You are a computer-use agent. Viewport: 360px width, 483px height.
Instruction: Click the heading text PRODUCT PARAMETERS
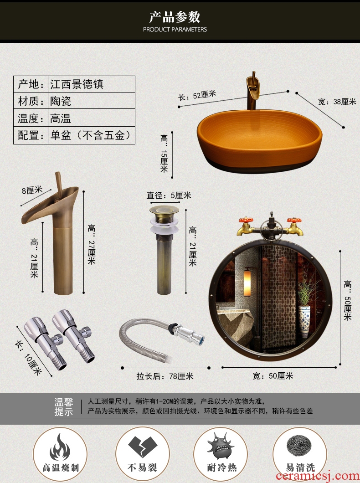[175, 30]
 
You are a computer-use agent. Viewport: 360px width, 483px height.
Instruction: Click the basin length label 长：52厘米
[197, 96]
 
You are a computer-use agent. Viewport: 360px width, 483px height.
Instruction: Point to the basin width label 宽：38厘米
[337, 102]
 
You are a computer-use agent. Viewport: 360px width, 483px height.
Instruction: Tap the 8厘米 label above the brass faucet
[32, 190]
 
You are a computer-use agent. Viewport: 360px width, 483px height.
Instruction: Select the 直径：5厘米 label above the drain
[169, 195]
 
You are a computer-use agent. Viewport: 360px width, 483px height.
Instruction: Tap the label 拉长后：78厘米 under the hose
[165, 376]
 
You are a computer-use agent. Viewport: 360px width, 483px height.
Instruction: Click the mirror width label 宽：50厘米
[273, 376]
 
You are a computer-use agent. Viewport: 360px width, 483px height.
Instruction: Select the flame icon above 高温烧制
[60, 447]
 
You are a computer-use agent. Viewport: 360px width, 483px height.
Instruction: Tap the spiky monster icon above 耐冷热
[221, 446]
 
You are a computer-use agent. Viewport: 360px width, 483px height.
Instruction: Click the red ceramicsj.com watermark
[318, 476]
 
